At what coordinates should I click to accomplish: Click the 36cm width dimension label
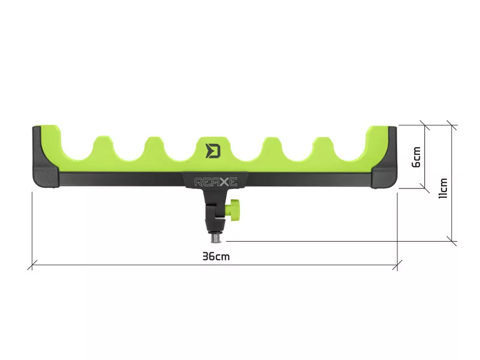216,256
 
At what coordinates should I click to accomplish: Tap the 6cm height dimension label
416,157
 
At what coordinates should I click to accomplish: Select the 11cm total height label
443,188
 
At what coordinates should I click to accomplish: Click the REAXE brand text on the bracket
216,182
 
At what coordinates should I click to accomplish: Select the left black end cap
46,157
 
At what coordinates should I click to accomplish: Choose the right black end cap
384,157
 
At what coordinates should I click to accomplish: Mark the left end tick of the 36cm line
32,265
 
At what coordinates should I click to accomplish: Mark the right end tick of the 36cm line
397,265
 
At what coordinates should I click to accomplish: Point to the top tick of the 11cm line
452,125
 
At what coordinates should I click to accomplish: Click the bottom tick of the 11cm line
452,241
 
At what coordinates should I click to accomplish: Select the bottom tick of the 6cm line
425,188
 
